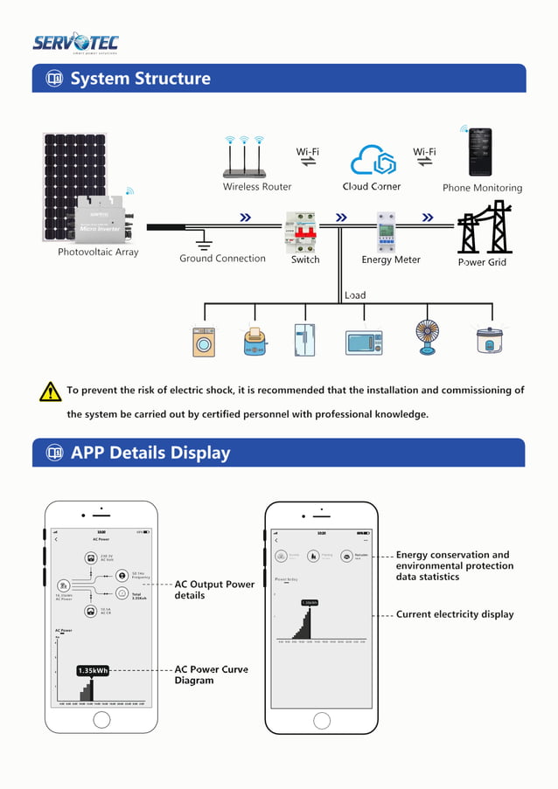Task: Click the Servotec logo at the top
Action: click(75, 43)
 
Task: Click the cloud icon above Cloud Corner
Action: click(373, 161)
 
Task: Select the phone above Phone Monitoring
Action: click(479, 152)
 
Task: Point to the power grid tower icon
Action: click(484, 227)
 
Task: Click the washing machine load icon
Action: click(204, 341)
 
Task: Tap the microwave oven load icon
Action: click(363, 342)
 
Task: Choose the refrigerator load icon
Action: click(305, 339)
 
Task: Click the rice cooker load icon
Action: click(490, 340)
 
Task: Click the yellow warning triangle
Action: click(50, 391)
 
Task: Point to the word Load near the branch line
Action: click(355, 295)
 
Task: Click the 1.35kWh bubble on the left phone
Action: click(93, 670)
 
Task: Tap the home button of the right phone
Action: click(321, 720)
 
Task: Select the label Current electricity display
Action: click(455, 614)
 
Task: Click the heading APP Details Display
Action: click(150, 453)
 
